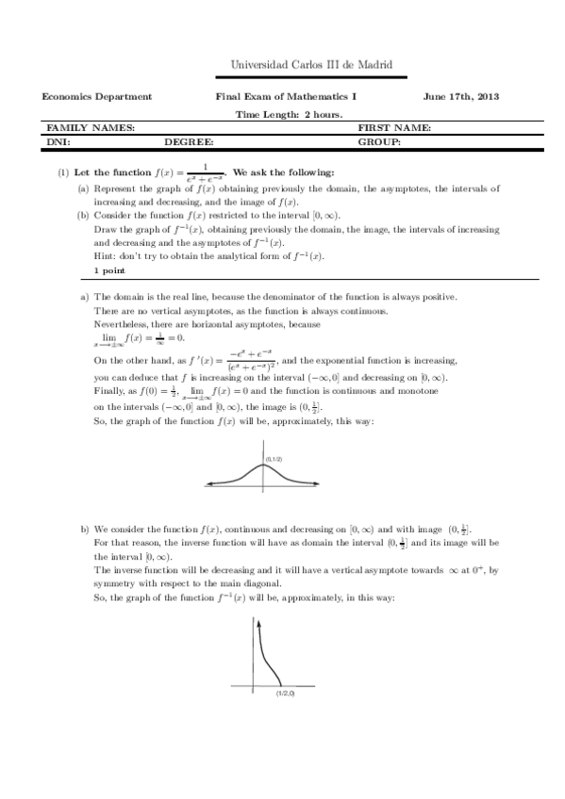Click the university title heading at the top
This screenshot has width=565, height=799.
click(x=310, y=65)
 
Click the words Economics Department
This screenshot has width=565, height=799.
click(x=97, y=97)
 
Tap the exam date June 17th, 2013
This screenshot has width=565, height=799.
click(x=462, y=97)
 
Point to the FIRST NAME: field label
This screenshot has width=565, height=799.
click(x=394, y=127)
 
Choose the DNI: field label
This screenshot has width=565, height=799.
click(x=58, y=141)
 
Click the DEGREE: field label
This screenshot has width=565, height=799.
click(x=189, y=141)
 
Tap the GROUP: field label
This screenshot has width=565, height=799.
click(x=379, y=141)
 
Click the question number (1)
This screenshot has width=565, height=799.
click(x=62, y=173)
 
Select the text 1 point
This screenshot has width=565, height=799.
click(x=109, y=270)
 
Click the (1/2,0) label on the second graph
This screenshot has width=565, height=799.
click(x=285, y=693)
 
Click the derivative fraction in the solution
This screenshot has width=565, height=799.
click(x=253, y=362)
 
